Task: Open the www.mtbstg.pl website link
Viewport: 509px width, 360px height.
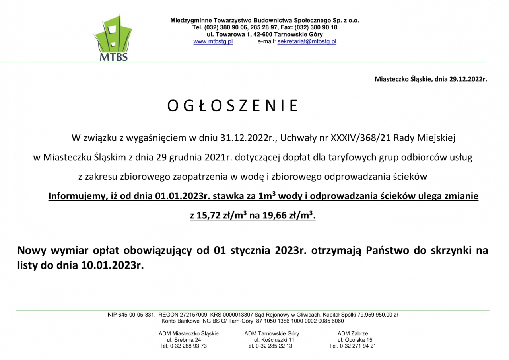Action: tap(213, 41)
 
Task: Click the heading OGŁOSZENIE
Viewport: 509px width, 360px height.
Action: tap(233, 106)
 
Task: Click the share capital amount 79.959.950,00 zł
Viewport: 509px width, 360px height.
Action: tap(378, 315)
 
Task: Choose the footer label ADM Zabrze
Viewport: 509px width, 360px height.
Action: tap(353, 333)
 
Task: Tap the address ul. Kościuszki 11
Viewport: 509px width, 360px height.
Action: tap(274, 340)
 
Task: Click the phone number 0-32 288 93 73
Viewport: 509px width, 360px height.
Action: tap(188, 346)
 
